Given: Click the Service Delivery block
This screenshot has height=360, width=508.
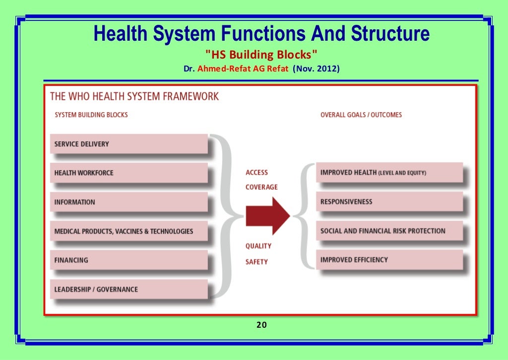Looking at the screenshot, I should coord(128,144).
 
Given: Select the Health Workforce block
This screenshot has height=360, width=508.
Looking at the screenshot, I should coord(128,173).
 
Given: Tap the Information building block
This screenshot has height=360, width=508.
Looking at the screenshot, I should coord(128,202).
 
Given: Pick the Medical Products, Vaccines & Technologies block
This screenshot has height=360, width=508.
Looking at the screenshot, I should coord(128,231).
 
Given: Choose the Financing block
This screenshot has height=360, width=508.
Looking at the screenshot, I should coord(128,260).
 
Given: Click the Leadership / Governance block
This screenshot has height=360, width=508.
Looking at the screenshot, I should coord(128,289).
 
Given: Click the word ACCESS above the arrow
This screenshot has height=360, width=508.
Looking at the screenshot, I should coord(256,173).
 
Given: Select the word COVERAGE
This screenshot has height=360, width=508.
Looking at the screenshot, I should coord(261,187).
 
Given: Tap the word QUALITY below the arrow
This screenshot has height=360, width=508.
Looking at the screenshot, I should coord(258,246).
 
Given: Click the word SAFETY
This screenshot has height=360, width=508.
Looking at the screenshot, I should coord(256,262).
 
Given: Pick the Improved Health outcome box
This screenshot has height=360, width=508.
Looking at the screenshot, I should coord(389,173).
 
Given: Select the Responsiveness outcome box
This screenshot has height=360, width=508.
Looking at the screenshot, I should coord(389,202).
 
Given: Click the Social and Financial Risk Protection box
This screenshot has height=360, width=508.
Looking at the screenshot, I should coord(389,231).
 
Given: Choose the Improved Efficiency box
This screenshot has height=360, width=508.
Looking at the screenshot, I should coord(389,260).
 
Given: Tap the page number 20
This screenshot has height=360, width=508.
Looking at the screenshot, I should coord(261,325).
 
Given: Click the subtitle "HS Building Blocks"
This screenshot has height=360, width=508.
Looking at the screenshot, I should coord(261,54).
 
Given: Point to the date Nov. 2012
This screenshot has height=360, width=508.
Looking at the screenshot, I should coord(316,69).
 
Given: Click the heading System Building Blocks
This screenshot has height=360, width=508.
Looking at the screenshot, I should coord(91,115).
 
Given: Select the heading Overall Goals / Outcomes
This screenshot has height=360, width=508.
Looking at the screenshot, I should coord(361,115).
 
